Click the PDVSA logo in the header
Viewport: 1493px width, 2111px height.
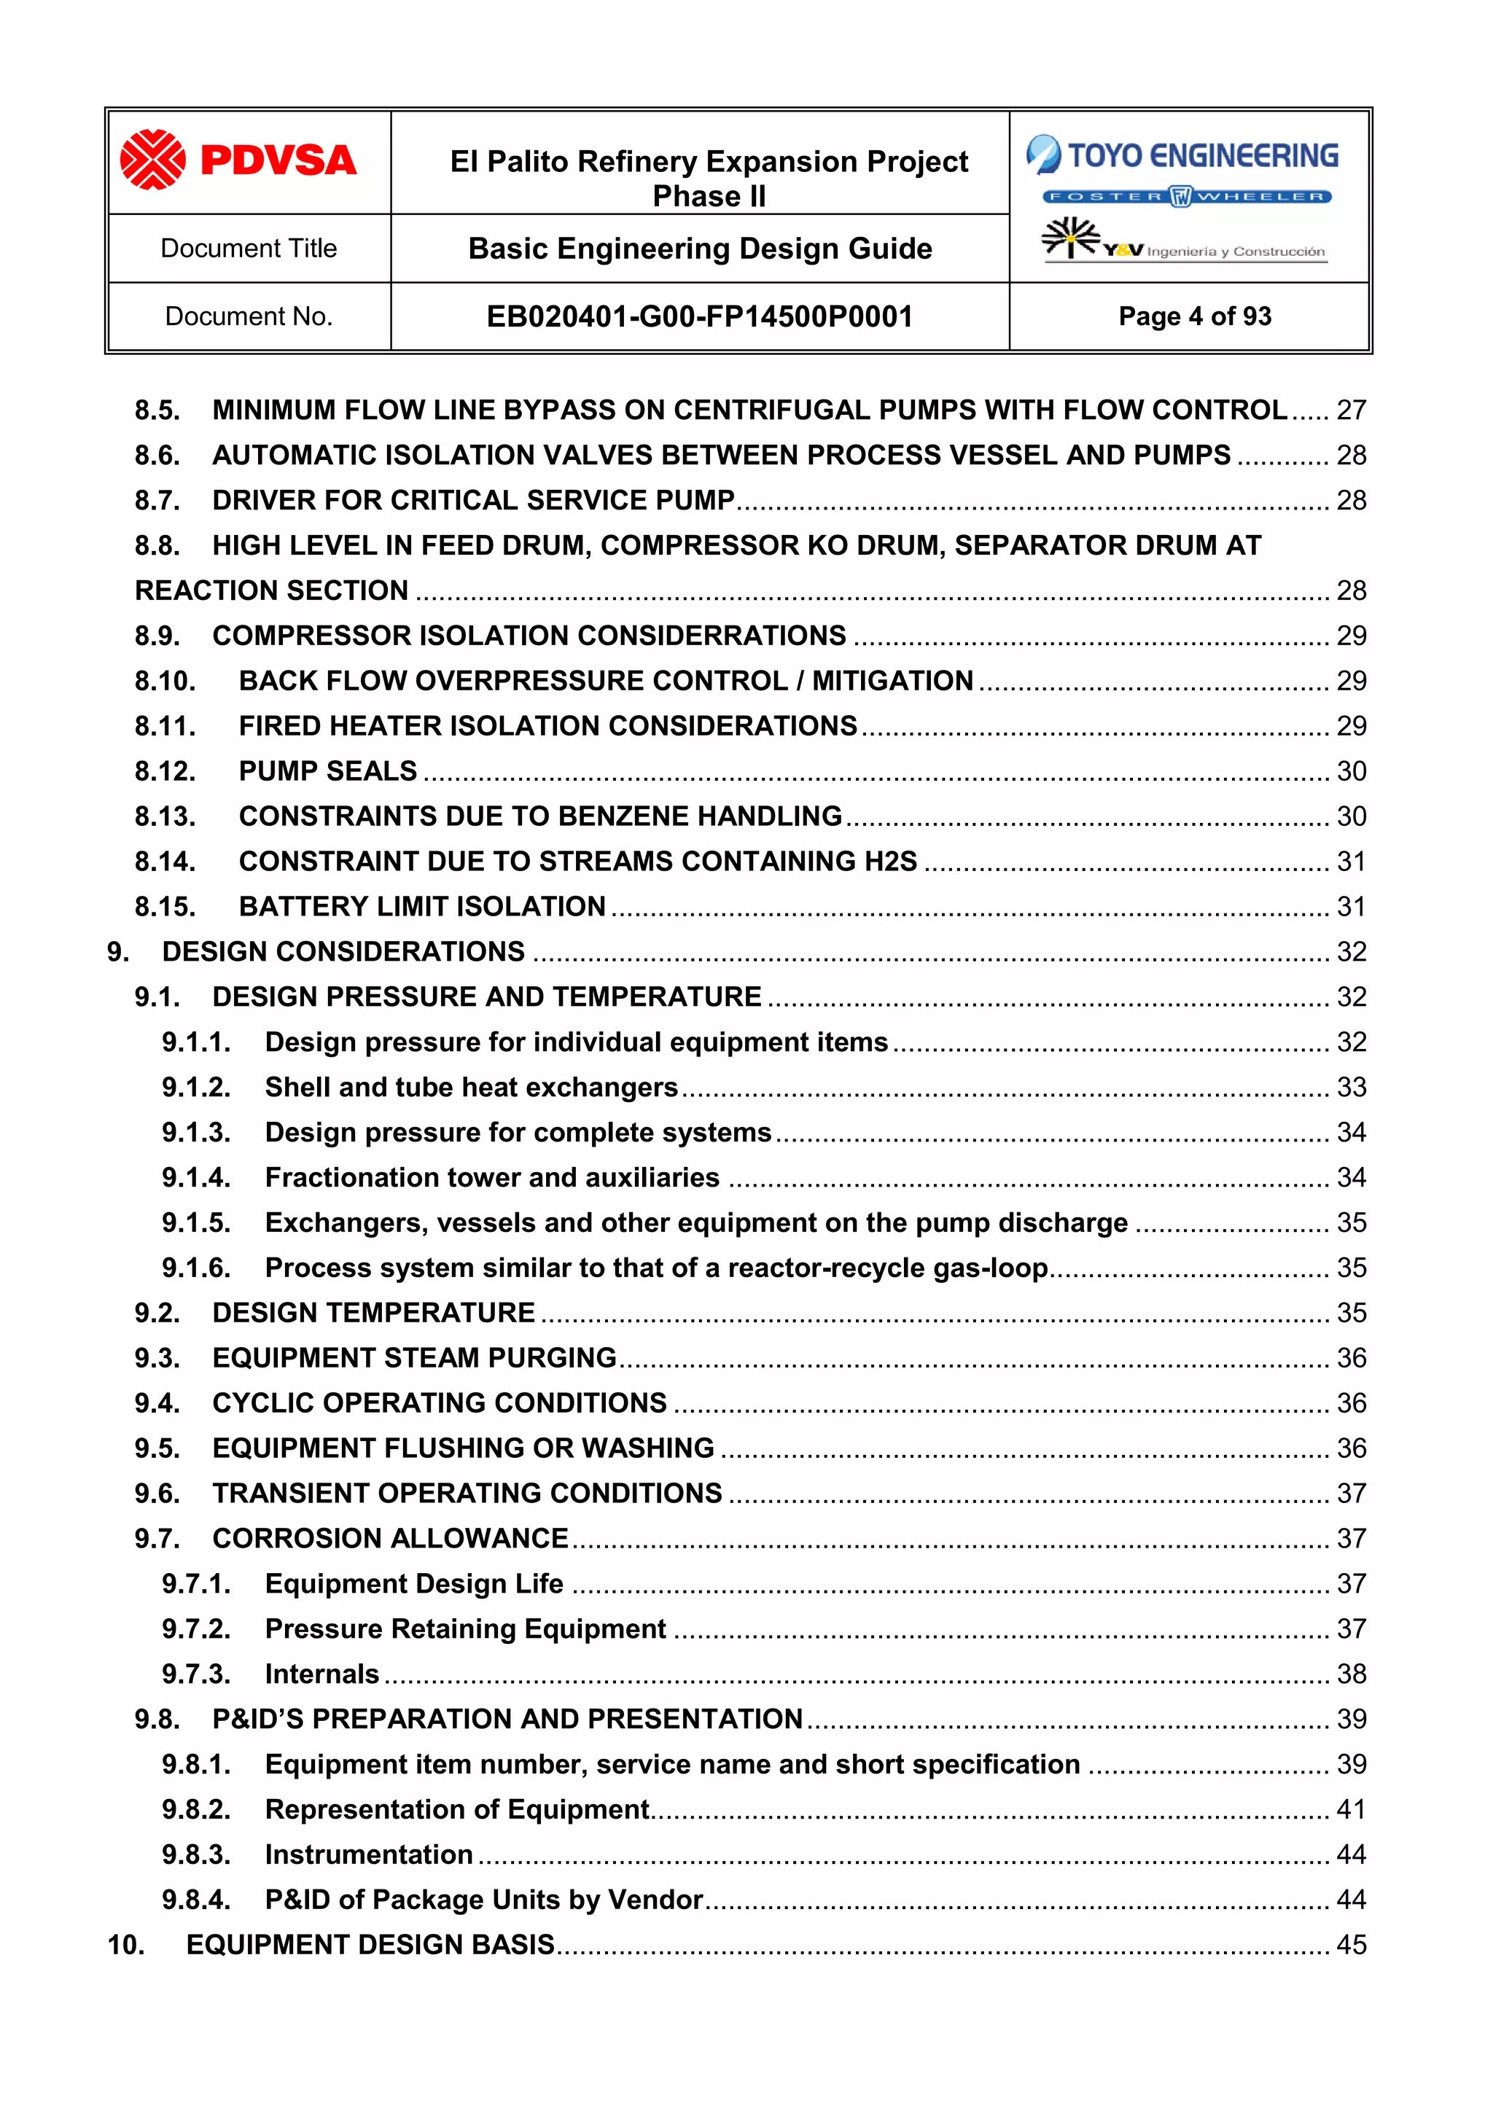pyautogui.click(x=238, y=160)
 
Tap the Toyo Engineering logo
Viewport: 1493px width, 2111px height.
pyautogui.click(x=1182, y=155)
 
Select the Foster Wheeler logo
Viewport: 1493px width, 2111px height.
pyautogui.click(x=1187, y=196)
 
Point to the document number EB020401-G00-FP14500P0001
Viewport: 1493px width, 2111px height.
pyautogui.click(x=700, y=316)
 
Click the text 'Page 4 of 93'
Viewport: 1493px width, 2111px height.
pyautogui.click(x=1194, y=316)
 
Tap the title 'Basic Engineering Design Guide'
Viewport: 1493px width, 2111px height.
pyautogui.click(x=700, y=249)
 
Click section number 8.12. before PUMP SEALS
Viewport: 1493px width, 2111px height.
pyautogui.click(x=165, y=770)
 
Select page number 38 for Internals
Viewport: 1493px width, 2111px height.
pyautogui.click(x=1351, y=1674)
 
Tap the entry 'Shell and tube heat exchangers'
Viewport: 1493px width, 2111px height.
pyautogui.click(x=471, y=1087)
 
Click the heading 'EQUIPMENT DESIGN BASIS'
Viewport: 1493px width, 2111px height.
pyautogui.click(x=370, y=1945)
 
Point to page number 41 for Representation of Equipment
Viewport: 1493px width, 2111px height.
pyautogui.click(x=1351, y=1809)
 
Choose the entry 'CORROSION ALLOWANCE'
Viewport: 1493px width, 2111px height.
pyautogui.click(x=390, y=1538)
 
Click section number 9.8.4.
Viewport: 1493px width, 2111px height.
pyautogui.click(x=196, y=1900)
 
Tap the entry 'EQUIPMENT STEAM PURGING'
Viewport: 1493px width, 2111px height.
pyautogui.click(x=413, y=1357)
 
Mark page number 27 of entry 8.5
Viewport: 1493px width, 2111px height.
pyautogui.click(x=1351, y=410)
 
